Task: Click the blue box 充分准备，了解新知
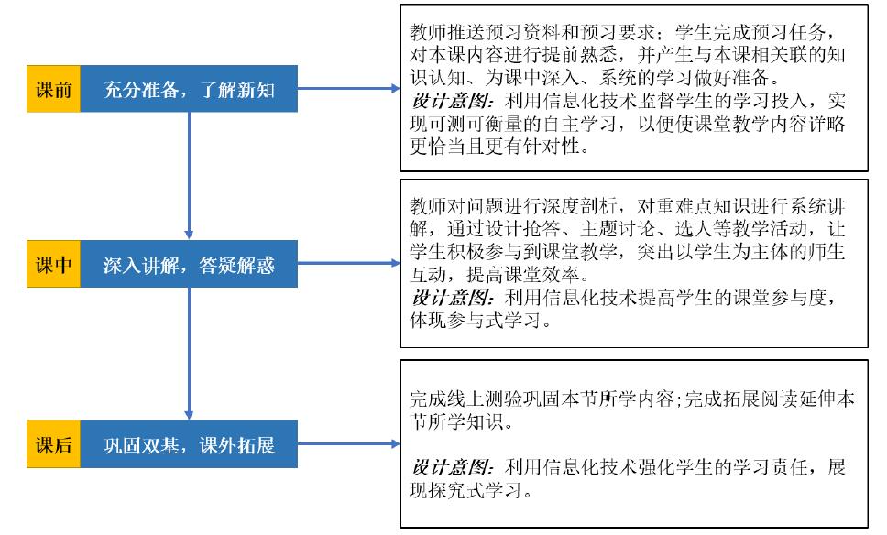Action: (x=189, y=89)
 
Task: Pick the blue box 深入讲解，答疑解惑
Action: (x=189, y=266)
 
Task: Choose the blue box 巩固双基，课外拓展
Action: (x=189, y=446)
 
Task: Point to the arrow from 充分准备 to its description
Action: (x=348, y=89)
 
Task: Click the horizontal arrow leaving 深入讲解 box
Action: (x=348, y=266)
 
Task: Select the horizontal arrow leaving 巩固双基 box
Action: (x=348, y=446)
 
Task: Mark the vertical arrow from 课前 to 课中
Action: (x=189, y=174)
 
